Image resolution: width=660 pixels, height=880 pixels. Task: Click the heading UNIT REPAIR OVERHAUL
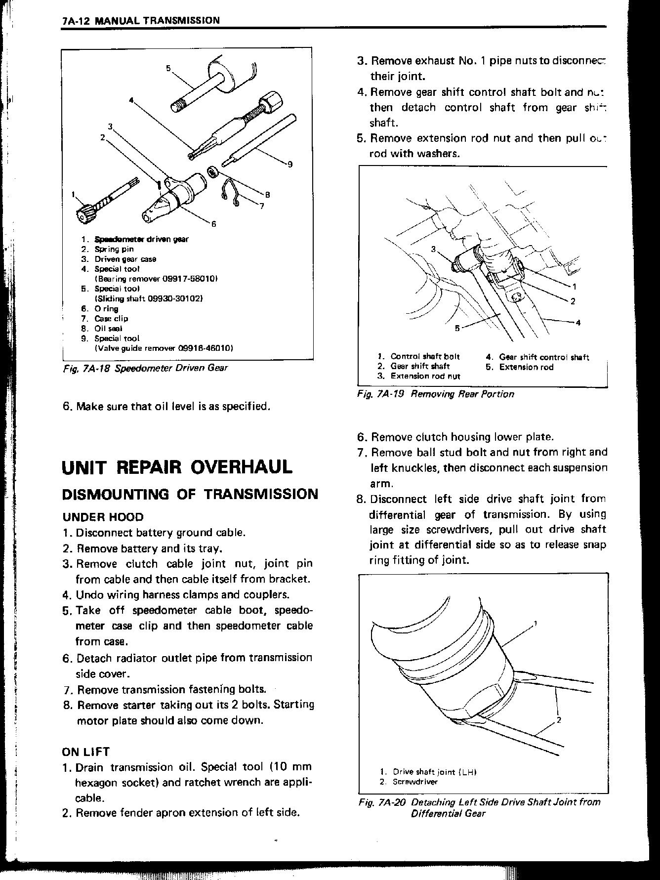[177, 467]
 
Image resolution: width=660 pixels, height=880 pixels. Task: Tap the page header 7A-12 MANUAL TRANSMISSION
[141, 20]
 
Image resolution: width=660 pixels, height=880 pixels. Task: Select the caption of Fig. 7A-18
[145, 368]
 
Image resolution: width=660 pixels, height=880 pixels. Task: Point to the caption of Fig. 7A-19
[436, 394]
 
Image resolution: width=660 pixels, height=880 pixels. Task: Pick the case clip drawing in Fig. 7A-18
[231, 192]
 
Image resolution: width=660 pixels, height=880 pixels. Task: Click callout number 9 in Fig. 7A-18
[290, 165]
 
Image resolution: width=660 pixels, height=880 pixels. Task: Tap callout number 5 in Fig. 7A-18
[168, 68]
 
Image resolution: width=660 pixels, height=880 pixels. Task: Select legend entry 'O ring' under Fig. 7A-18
[106, 309]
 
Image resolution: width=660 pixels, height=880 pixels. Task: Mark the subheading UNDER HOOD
[103, 517]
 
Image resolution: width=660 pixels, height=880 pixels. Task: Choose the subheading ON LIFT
[85, 752]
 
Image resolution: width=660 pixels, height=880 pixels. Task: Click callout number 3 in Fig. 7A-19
[434, 249]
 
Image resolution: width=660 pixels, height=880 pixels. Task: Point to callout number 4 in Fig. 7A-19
[578, 323]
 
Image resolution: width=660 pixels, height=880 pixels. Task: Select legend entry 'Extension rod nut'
[425, 376]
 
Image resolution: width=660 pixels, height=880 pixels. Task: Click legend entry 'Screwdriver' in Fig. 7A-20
[414, 782]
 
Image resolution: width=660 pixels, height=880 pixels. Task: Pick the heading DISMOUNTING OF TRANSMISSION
[190, 494]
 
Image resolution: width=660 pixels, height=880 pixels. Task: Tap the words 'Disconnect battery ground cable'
[161, 533]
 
